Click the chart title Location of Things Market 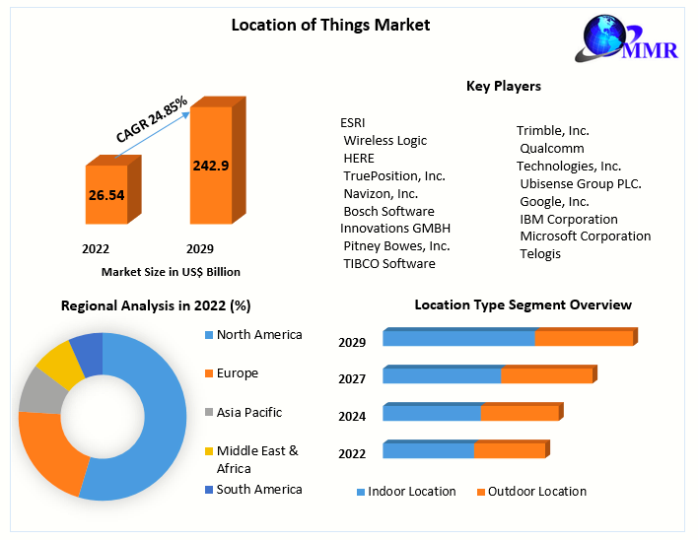[330, 25]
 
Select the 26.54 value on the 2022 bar [106, 195]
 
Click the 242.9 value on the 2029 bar [211, 166]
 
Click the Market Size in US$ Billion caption [171, 271]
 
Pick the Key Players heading [503, 87]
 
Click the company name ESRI [353, 122]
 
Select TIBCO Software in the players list [389, 263]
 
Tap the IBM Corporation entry [569, 219]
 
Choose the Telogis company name [540, 254]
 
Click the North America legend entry [259, 335]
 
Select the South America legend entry [259, 490]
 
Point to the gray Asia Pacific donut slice [37, 391]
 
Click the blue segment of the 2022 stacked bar [429, 450]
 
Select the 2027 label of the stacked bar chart [352, 379]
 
